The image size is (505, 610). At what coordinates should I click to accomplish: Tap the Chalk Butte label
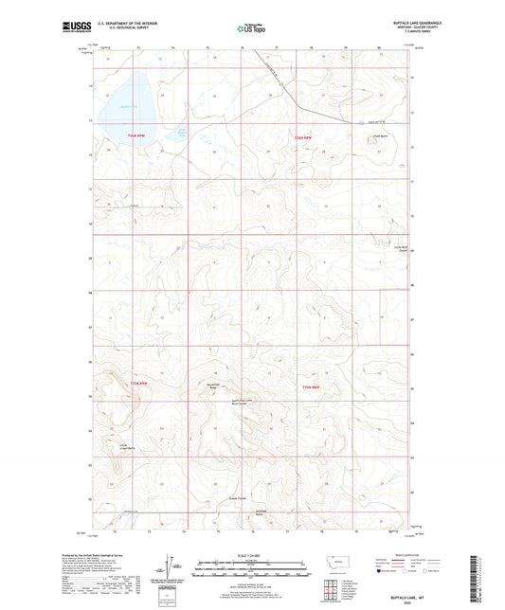point(369,135)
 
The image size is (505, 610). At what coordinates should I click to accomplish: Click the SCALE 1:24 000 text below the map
point(251,555)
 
